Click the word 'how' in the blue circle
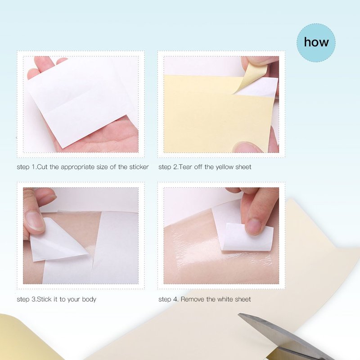(316, 42)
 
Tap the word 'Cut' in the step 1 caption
(42, 167)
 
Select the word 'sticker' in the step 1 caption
(139, 167)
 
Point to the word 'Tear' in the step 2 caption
(185, 167)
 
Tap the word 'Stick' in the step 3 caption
(44, 299)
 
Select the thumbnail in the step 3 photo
(35, 221)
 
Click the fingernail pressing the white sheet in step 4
(254, 226)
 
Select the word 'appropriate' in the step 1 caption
(77, 167)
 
